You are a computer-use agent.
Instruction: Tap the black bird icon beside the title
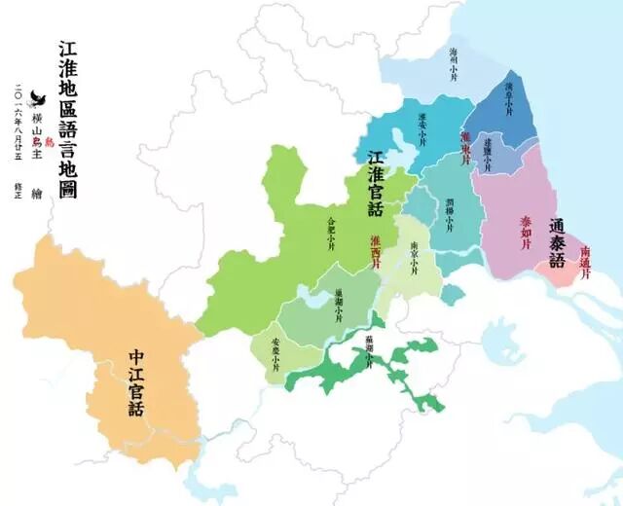[x=40, y=97]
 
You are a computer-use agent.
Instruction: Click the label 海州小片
[x=453, y=61]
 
